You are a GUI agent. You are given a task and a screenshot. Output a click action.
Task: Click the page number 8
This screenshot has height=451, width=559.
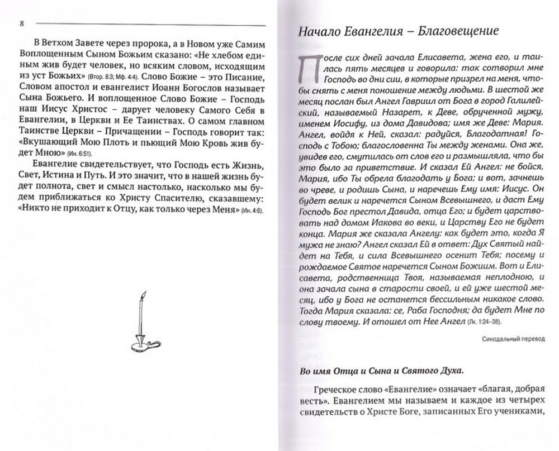point(21,23)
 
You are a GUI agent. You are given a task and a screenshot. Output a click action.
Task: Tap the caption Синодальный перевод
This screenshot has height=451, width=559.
point(511,338)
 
